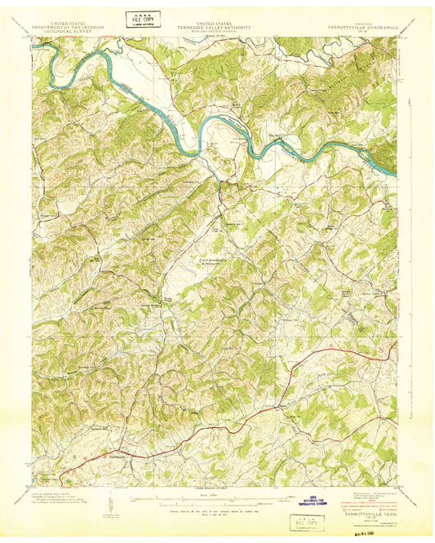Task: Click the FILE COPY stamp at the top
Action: tap(142, 19)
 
